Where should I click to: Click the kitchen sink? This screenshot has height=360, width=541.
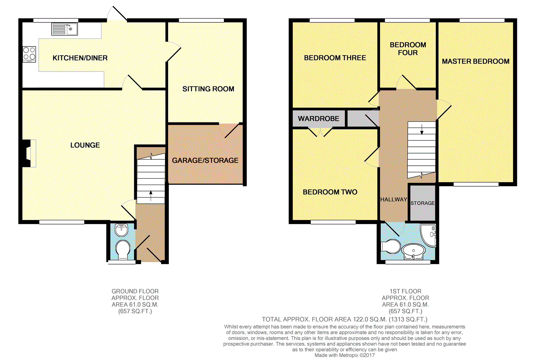pos(64,29)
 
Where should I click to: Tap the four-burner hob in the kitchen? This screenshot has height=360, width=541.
pos(29,54)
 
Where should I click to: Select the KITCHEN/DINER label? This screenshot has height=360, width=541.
pos(80,58)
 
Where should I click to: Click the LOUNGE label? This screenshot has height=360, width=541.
pos(85,145)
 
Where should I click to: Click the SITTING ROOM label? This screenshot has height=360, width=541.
pos(208,89)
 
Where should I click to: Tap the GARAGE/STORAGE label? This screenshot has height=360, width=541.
pos(205,160)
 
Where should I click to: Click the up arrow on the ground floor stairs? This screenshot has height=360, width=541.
pos(151,196)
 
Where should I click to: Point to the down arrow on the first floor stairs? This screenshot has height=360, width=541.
pos(422,129)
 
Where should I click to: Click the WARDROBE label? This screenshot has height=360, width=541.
pos(318,118)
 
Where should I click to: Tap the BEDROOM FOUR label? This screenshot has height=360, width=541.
pos(408,49)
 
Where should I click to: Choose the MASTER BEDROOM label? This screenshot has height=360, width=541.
pos(476,61)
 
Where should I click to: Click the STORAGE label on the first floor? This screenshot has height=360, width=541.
pos(422,203)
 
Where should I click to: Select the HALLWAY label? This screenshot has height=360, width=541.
pos(394,199)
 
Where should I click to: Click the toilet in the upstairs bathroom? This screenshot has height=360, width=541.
pos(391,246)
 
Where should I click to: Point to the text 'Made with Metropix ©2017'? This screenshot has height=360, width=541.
pos(345,355)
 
